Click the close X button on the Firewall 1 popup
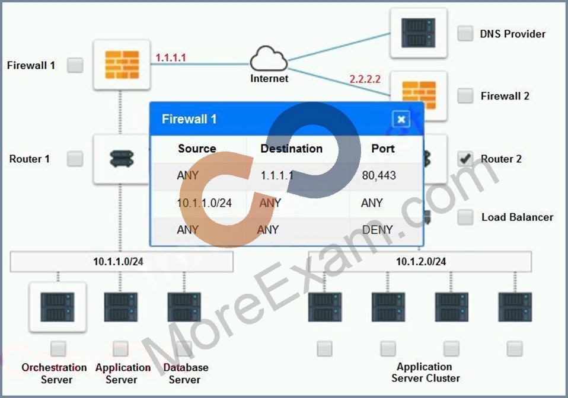pyautogui.click(x=401, y=119)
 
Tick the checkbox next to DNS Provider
pyautogui.click(x=465, y=34)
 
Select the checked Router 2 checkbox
pyautogui.click(x=465, y=159)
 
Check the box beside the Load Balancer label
pyautogui.click(x=465, y=217)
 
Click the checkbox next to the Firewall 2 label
pyautogui.click(x=465, y=95)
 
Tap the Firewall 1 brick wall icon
pyautogui.click(x=122, y=65)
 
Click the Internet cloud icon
pyautogui.click(x=269, y=59)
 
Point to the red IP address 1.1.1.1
pyautogui.click(x=171, y=57)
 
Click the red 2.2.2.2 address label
pyautogui.click(x=365, y=79)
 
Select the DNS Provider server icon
pyautogui.click(x=419, y=33)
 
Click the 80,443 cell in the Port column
pyautogui.click(x=379, y=175)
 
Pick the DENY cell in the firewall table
pyautogui.click(x=378, y=230)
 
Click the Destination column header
pyautogui.click(x=291, y=148)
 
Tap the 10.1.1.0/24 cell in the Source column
pyautogui.click(x=205, y=203)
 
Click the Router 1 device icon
pyautogui.click(x=122, y=159)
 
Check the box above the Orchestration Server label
pyautogui.click(x=58, y=348)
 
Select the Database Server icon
pyautogui.click(x=184, y=307)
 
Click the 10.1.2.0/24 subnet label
pyautogui.click(x=421, y=261)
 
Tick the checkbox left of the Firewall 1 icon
pyautogui.click(x=75, y=65)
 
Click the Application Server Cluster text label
pyautogui.click(x=425, y=373)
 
